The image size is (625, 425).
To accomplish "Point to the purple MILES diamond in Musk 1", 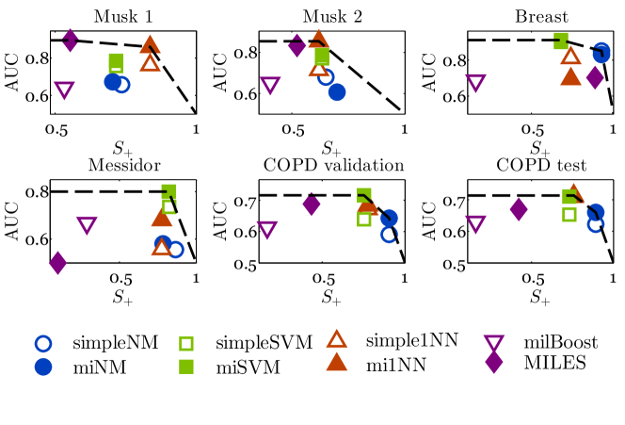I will [x=70, y=41].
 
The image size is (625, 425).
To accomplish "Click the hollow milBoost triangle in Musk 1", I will [x=64, y=90].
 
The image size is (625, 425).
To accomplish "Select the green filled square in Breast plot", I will [x=561, y=41].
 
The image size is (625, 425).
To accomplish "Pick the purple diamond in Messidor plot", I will [x=57, y=263].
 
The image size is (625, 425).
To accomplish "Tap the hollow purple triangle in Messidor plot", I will [x=87, y=225].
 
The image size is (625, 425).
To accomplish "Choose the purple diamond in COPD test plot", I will [x=517, y=209].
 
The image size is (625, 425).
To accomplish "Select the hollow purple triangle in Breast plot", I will [x=475, y=83].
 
